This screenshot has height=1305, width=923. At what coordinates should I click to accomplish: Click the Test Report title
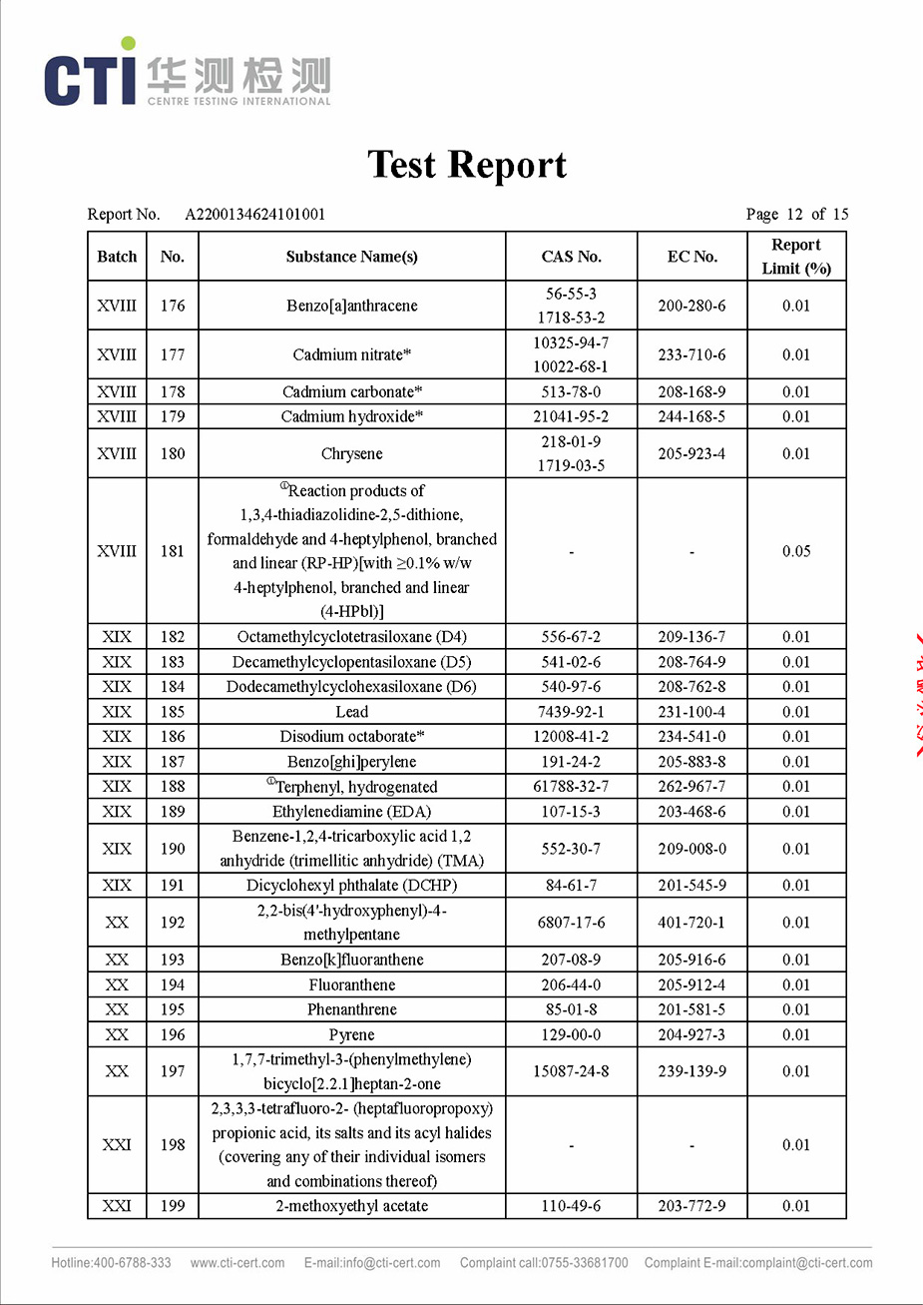467,165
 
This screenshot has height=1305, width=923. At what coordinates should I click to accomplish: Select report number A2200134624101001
255,214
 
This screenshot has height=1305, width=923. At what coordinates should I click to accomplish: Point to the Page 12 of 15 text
796,214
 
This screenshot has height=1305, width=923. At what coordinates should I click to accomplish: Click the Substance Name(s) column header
351,257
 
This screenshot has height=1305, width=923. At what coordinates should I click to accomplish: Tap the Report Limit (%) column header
795,257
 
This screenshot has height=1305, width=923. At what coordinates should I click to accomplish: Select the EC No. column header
692,257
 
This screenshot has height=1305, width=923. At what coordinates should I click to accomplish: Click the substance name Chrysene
351,453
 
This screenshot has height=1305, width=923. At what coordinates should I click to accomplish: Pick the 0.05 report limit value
795,551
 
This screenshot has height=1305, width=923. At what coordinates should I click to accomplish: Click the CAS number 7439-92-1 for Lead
571,712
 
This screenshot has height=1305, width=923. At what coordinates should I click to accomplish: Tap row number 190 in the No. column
173,849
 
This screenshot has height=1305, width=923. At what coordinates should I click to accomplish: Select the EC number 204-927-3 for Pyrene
692,1034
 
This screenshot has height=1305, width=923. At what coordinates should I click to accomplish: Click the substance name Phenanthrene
351,1009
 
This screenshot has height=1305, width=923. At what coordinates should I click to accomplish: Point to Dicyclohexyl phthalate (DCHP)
351,886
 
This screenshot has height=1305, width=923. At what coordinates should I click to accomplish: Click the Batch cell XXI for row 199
117,1206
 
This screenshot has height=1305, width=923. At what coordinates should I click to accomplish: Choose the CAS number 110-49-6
571,1206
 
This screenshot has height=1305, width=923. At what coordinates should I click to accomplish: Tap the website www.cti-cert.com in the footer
237,1263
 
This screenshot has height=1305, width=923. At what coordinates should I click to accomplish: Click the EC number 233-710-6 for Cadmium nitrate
692,354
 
